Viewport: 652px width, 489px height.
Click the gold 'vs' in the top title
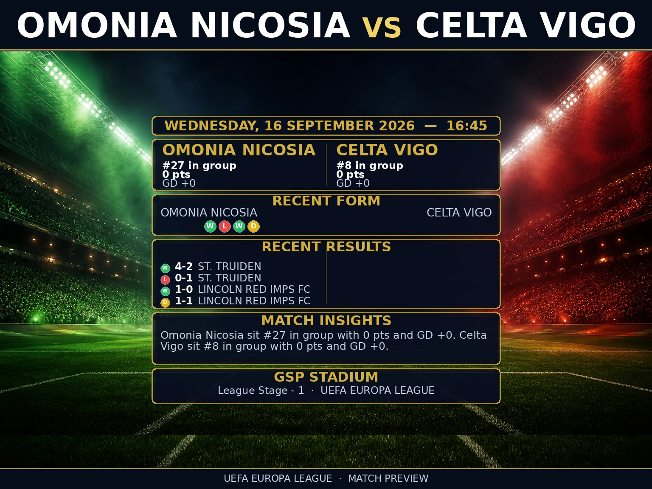[x=382, y=27]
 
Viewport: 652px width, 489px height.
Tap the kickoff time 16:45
[x=467, y=126]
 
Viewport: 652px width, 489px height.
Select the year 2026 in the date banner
[x=396, y=126]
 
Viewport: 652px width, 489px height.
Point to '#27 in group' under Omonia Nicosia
[x=200, y=166]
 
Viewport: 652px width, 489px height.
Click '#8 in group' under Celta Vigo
[x=370, y=166]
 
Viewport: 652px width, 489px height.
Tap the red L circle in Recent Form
[x=225, y=227]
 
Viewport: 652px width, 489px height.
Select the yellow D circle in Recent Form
[x=253, y=227]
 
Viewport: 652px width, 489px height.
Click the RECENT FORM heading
[x=326, y=201]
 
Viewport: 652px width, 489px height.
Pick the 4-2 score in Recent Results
[x=183, y=266]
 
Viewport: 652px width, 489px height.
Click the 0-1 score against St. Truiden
[x=183, y=278]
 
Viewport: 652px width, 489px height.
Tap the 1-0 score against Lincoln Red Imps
[x=183, y=289]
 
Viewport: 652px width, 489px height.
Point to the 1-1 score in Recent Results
[x=183, y=301]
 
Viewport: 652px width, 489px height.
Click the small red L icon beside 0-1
[x=165, y=279]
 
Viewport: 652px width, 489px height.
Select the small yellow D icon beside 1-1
[x=165, y=303]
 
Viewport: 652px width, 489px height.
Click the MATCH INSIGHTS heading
[x=326, y=320]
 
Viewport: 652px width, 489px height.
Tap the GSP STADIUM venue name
[x=326, y=377]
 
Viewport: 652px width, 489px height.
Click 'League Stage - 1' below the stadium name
[x=261, y=391]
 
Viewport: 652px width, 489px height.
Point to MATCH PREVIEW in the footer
[x=388, y=479]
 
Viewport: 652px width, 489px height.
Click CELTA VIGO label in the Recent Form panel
[x=459, y=213]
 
